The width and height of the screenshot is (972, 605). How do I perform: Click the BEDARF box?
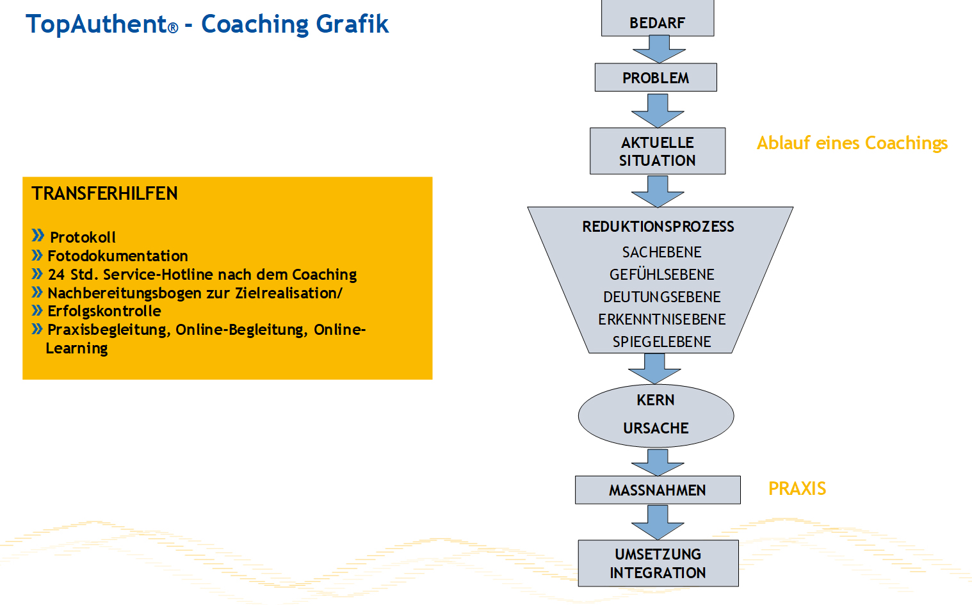coord(657,19)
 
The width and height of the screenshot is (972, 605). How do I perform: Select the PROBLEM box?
coord(656,77)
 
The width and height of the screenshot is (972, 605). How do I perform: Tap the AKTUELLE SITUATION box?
coord(657,151)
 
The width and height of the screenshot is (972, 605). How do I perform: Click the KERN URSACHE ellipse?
coord(656,415)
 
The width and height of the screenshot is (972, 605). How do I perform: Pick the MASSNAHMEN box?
coord(657,490)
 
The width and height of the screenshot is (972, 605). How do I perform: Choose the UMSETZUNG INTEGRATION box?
coord(658,563)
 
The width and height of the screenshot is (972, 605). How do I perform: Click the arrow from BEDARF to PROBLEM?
coord(659,49)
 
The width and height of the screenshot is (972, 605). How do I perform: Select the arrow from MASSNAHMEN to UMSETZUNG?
coord(658,522)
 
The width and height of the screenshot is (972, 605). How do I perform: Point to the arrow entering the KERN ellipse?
coord(654,368)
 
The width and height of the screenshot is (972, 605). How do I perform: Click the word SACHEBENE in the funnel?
coord(661,252)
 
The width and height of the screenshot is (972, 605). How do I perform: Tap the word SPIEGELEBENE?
coord(661,342)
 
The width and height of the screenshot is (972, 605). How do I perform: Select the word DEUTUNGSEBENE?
coord(661,297)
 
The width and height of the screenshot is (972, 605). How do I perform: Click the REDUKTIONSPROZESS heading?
coord(658,227)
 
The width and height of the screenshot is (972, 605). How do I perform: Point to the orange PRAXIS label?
coord(797,488)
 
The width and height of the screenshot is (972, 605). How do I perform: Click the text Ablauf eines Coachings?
coord(852,143)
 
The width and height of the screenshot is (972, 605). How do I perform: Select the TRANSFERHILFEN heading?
coord(104,193)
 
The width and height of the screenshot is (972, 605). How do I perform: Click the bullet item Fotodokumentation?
coord(118,256)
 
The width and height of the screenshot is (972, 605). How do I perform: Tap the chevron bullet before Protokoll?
coord(38,236)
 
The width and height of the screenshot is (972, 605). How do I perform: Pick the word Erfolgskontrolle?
coord(104,311)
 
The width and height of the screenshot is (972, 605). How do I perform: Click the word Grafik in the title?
coord(352,24)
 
